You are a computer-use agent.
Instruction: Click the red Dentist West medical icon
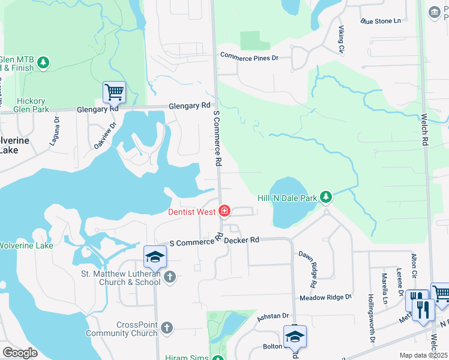224,211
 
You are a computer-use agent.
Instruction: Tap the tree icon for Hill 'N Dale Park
326,197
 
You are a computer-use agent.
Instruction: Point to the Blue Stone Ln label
381,21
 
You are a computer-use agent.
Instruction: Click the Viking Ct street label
341,39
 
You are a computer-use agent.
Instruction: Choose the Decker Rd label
242,240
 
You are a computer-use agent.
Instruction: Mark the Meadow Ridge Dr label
325,298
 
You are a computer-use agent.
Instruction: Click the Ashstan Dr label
273,316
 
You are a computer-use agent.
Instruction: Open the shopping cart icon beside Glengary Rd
114,92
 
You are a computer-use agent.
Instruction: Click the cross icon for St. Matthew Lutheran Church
170,277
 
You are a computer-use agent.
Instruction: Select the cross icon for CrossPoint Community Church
167,328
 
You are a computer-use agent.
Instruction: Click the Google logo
20,353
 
